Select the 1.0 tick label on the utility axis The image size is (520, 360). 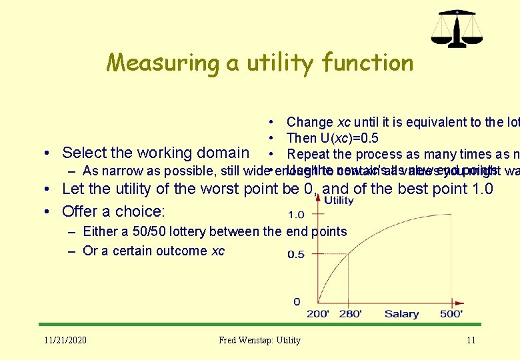(296, 215)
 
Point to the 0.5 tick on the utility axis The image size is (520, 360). (296, 254)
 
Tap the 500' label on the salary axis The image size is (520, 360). (451, 314)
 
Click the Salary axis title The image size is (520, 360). (401, 314)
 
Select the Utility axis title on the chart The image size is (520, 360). (339, 200)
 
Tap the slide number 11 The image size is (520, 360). (471, 340)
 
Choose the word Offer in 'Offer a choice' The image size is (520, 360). (80, 211)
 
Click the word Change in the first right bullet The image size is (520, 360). (309, 122)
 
